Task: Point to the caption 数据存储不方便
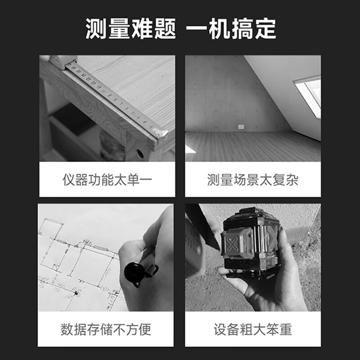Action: [x=106, y=329]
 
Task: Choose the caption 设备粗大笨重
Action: [x=253, y=329]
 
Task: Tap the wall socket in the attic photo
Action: [x=241, y=127]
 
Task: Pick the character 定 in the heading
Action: [x=266, y=29]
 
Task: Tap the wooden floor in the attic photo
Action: [x=252, y=146]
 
